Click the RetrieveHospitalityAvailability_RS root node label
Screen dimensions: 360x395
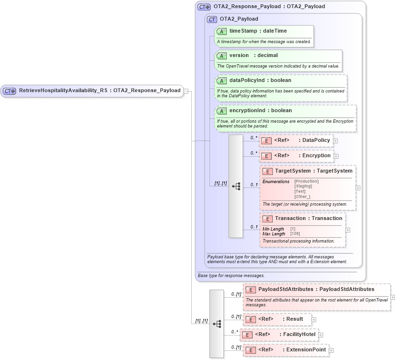pos(99,90)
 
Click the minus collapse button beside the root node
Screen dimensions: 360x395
pos(186,91)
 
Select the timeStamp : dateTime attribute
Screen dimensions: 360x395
pos(258,31)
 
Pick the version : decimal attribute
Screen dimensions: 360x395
pos(253,55)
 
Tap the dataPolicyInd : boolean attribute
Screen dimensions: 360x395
pos(260,80)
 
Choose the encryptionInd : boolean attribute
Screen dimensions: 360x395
pos(260,110)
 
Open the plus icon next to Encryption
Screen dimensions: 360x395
pos(336,156)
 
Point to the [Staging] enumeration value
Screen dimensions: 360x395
pos(303,186)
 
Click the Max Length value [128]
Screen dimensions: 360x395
pos(295,234)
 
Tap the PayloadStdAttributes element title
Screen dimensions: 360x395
pos(316,290)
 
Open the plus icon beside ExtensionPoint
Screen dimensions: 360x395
pos(331,350)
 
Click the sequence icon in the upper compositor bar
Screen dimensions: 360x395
pos(236,186)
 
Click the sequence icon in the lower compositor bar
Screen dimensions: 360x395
pos(217,324)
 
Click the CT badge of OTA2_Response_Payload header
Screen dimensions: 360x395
pos(205,7)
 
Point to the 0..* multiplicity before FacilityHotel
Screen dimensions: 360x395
pos(234,331)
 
